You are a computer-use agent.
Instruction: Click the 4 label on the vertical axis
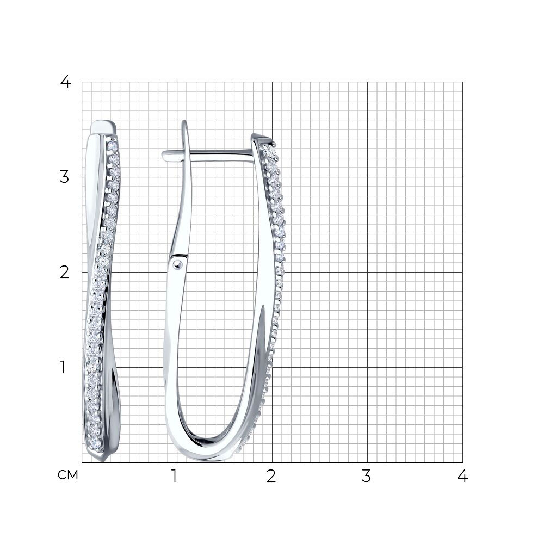pyautogui.click(x=65, y=82)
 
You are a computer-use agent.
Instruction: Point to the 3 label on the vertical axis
pyautogui.click(x=65, y=177)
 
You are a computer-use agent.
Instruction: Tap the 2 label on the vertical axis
pyautogui.click(x=65, y=273)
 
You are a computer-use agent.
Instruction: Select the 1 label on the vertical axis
pyautogui.click(x=63, y=367)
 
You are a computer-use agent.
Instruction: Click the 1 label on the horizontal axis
pyautogui.click(x=174, y=476)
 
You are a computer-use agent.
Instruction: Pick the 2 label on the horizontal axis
pyautogui.click(x=271, y=476)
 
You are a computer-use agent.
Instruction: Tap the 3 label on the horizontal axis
pyautogui.click(x=366, y=476)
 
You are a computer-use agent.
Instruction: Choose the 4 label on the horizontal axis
pyautogui.click(x=462, y=476)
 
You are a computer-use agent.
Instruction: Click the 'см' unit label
pyautogui.click(x=68, y=475)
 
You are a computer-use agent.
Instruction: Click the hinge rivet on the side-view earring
pyautogui.click(x=178, y=265)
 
